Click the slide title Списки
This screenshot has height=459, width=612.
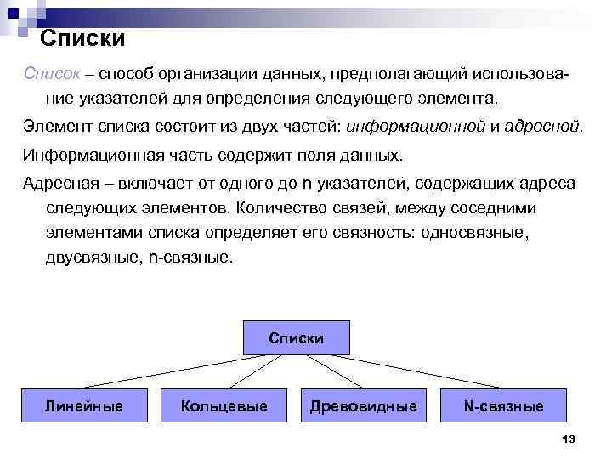pyautogui.click(x=83, y=38)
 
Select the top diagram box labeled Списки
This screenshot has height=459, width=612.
pyautogui.click(x=296, y=338)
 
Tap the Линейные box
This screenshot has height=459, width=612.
pyautogui.click(x=83, y=406)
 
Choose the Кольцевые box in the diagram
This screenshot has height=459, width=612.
pyautogui.click(x=224, y=406)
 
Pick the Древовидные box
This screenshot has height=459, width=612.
pyautogui.click(x=363, y=406)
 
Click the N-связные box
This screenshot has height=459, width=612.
pyautogui.click(x=503, y=406)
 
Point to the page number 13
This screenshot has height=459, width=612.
pyautogui.click(x=569, y=439)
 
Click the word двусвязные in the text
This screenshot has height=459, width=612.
pyautogui.click(x=89, y=257)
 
